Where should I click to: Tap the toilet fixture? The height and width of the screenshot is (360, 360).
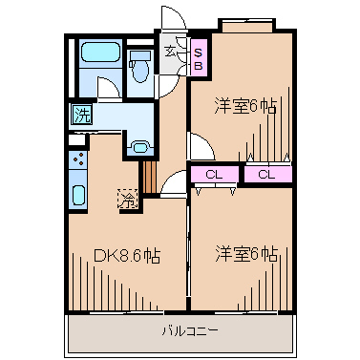tap(140, 65)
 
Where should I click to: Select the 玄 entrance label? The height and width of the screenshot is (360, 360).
tap(170, 51)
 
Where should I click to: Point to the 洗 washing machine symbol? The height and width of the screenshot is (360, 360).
tap(80, 116)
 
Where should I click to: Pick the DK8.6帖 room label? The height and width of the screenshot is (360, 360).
tap(127, 255)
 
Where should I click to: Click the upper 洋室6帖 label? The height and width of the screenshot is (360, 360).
tap(246, 108)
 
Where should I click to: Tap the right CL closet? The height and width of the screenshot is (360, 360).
tap(266, 174)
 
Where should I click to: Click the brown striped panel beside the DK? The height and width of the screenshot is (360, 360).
tap(148, 178)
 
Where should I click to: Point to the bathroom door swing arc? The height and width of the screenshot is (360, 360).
tap(109, 92)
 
